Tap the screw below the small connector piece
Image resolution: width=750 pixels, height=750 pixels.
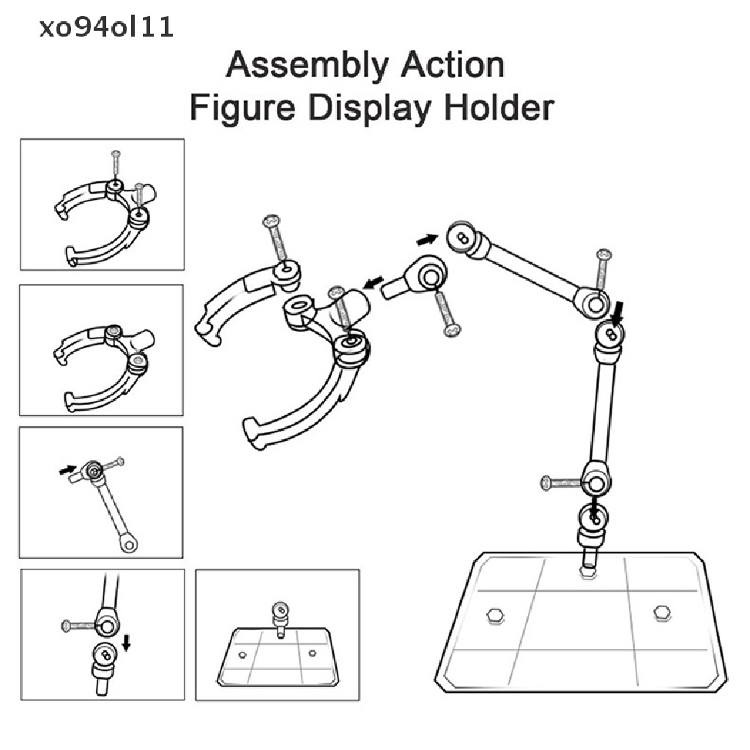(x=444, y=313)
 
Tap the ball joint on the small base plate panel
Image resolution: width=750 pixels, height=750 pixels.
(x=278, y=609)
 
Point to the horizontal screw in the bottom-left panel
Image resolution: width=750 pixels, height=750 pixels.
(x=78, y=625)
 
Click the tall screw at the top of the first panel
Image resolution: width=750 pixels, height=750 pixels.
(x=116, y=164)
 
